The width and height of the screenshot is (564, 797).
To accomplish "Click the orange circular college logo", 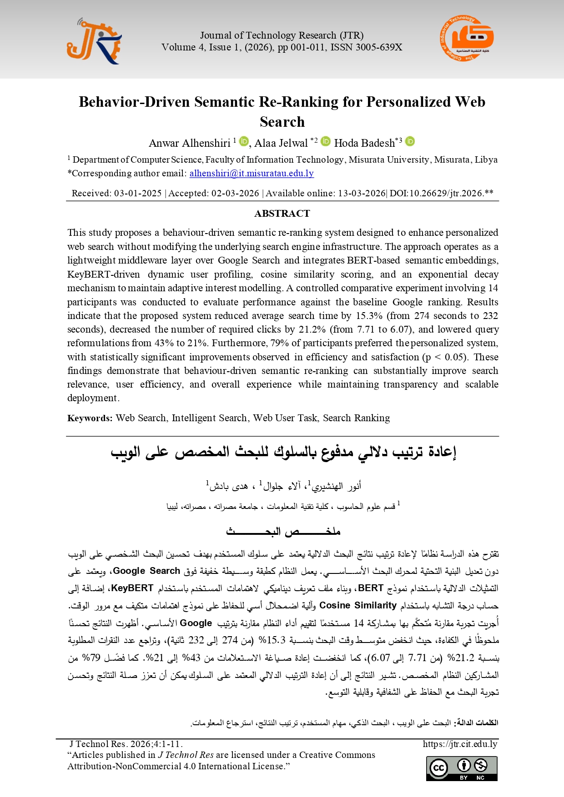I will (x=466, y=39).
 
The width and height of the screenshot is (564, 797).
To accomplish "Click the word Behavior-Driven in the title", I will (x=134, y=102).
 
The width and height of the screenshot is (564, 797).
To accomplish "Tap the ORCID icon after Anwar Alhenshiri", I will (x=244, y=141).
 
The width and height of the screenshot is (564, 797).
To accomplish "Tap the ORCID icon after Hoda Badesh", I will (x=410, y=141).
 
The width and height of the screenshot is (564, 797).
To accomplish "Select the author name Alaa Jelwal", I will (x=281, y=143).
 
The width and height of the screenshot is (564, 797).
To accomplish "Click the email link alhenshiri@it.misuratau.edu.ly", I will (x=252, y=173).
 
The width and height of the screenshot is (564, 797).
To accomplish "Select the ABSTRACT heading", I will (x=282, y=214).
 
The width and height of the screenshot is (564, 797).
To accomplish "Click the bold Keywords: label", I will (x=90, y=418).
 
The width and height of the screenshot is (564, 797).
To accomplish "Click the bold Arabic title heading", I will (x=283, y=452).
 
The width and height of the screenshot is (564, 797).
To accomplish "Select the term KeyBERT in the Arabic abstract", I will (x=132, y=588).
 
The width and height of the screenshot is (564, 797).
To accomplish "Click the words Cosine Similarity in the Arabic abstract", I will (x=358, y=605).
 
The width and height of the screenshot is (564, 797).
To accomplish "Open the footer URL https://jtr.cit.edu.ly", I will (x=460, y=744).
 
